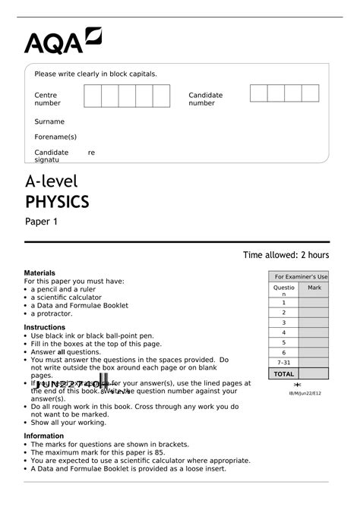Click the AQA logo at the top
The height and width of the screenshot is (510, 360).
(62, 41)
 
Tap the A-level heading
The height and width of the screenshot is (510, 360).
(52, 181)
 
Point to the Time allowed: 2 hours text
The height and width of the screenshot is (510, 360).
(286, 255)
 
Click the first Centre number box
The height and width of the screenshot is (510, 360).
(92, 96)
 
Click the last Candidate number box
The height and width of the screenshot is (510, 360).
(310, 93)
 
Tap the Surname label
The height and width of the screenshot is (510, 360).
(49, 121)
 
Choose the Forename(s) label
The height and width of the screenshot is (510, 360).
(55, 137)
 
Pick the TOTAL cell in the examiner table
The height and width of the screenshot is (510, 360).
(283, 373)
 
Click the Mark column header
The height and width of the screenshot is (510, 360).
(314, 288)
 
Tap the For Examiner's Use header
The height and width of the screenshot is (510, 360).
(301, 277)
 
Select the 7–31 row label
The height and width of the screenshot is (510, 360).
(283, 362)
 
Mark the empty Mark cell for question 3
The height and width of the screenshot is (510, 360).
(314, 323)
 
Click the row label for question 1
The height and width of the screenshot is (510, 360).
(283, 303)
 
